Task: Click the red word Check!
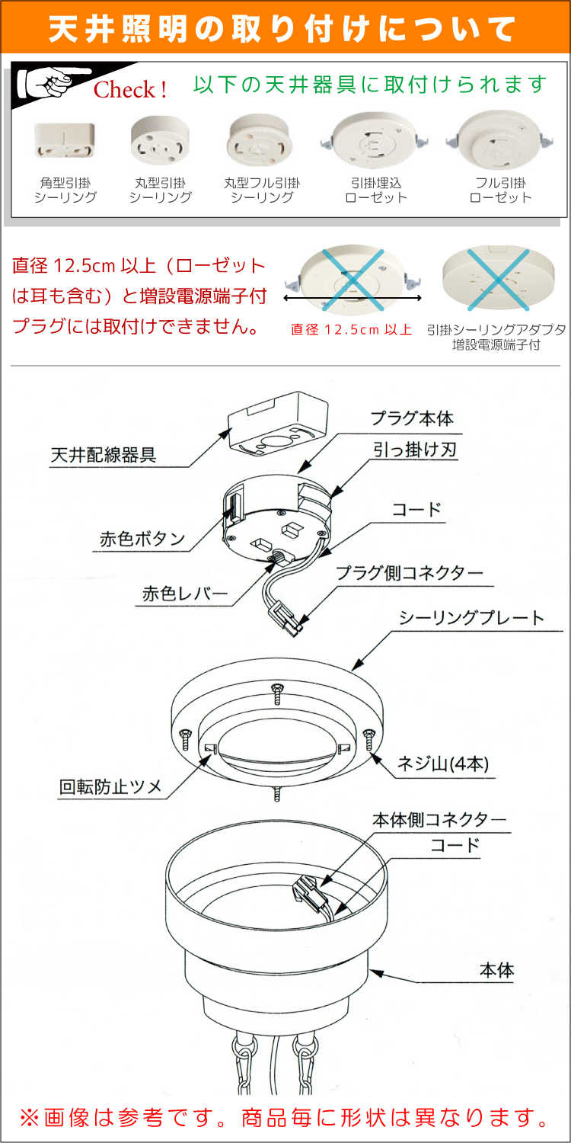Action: point(130,90)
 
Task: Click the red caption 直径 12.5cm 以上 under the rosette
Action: point(352,330)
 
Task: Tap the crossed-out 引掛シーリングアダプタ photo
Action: point(498,279)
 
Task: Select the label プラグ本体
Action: point(412,418)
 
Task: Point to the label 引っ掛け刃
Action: point(415,450)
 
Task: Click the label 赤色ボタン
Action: point(142,539)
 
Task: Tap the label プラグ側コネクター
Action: point(410,571)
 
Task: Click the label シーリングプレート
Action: point(471,617)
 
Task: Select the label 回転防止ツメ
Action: point(111,786)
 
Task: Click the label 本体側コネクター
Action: point(439,820)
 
